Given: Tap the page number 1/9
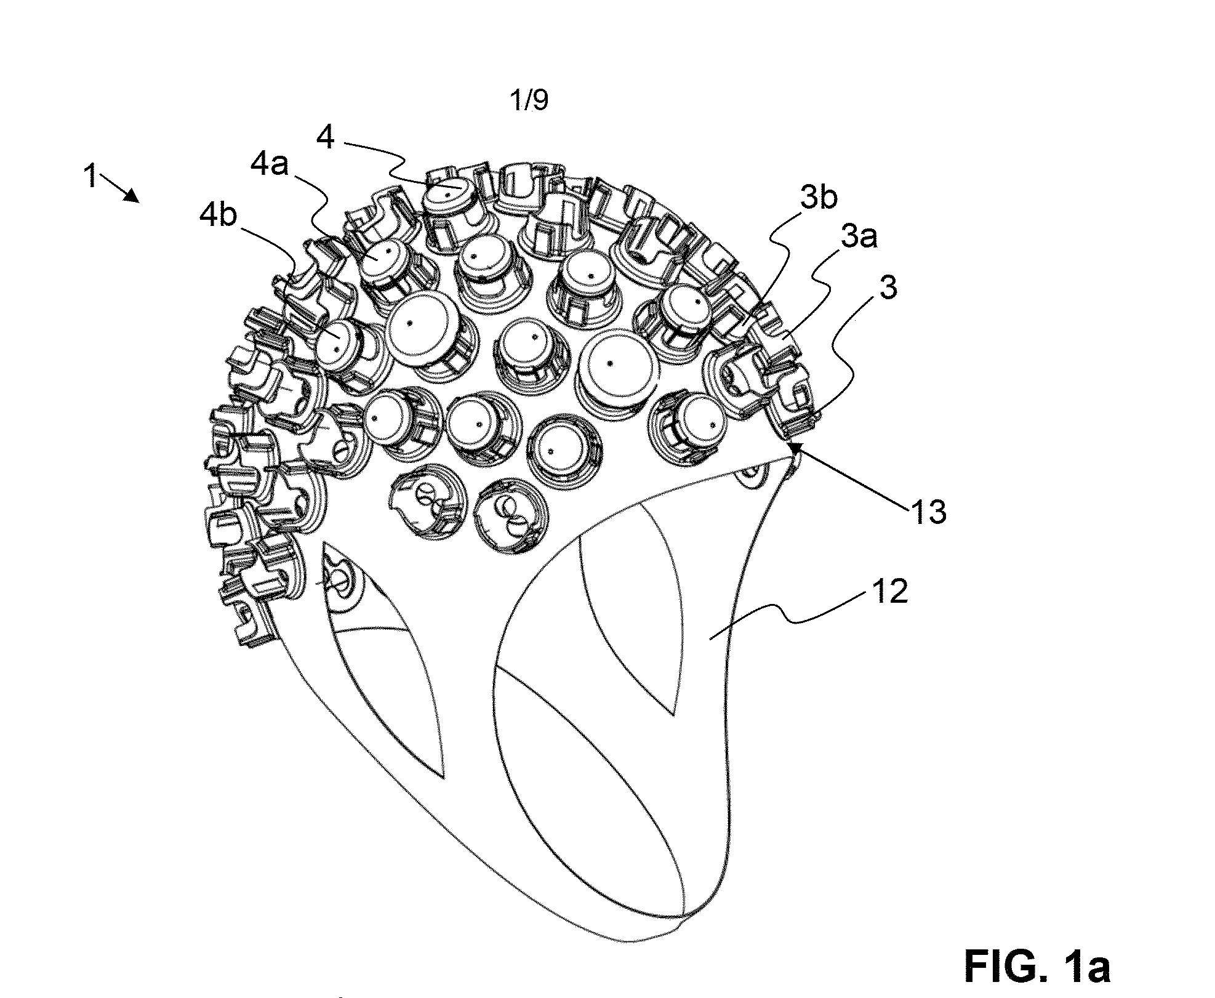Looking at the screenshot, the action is pyautogui.click(x=529, y=102).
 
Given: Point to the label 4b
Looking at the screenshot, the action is pyautogui.click(x=219, y=217).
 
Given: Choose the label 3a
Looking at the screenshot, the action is pyautogui.click(x=858, y=237).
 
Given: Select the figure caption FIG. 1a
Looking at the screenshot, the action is pyautogui.click(x=1038, y=967).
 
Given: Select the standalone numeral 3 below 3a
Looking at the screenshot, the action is pyautogui.click(x=887, y=288).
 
